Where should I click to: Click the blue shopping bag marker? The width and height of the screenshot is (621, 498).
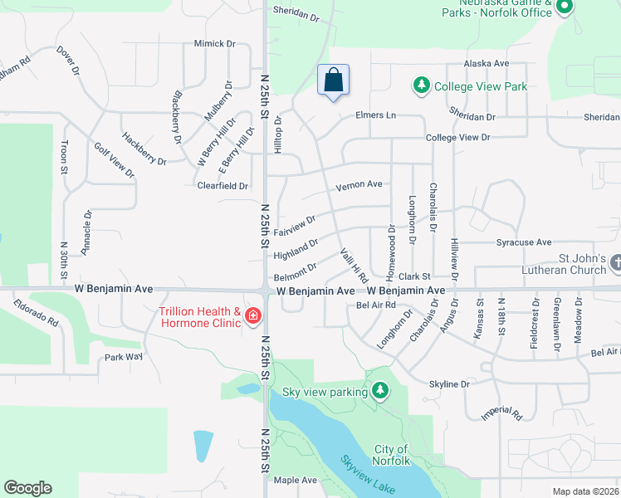(x=333, y=81)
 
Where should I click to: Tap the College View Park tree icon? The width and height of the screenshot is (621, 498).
(x=422, y=85)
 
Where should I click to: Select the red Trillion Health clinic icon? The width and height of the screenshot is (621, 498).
(x=252, y=317)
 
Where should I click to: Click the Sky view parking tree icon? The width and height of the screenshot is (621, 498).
(x=380, y=390)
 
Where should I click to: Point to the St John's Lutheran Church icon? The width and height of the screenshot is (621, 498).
(x=615, y=262)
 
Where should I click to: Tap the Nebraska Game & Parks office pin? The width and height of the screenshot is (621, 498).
(x=565, y=8)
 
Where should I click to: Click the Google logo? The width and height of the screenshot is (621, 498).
(x=27, y=488)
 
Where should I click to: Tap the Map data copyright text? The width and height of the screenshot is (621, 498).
(x=586, y=491)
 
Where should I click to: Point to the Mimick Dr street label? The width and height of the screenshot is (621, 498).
(x=214, y=43)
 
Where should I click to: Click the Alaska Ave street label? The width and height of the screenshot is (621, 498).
(x=486, y=63)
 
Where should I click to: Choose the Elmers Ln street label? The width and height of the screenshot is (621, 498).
(x=375, y=115)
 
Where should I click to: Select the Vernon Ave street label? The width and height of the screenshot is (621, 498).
(x=359, y=184)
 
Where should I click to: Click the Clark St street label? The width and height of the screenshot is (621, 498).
(x=413, y=276)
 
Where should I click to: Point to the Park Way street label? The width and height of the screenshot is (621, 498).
(x=124, y=357)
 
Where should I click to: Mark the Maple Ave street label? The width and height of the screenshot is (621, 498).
(x=296, y=480)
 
